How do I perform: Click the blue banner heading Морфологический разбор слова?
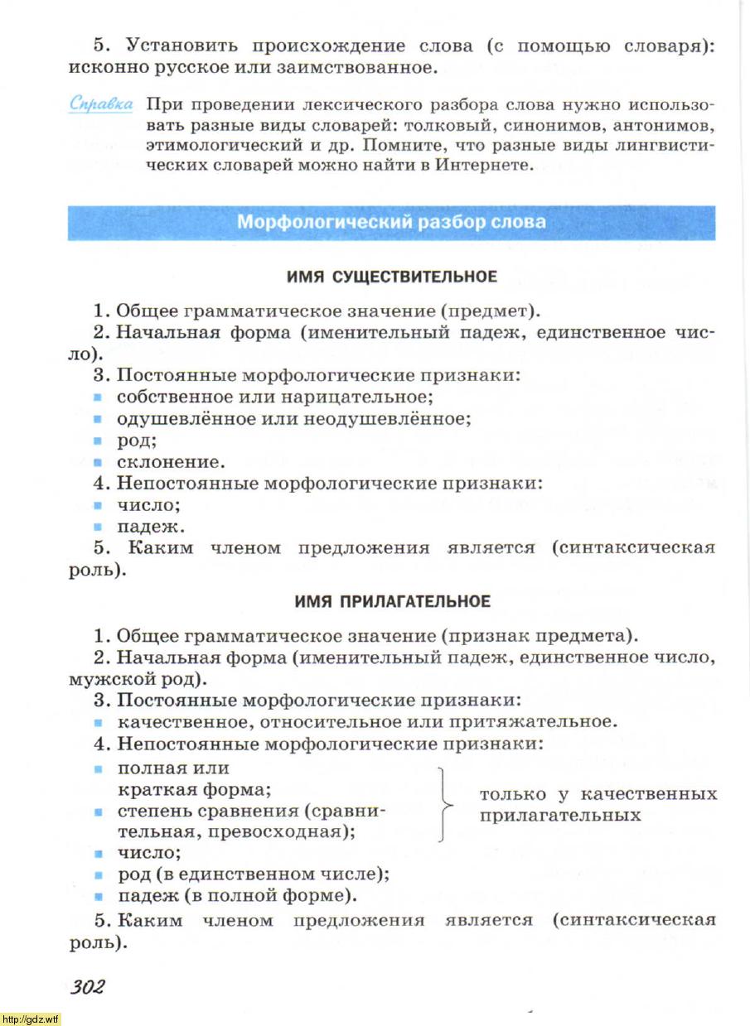pos(391,222)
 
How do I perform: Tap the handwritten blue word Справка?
pos(101,105)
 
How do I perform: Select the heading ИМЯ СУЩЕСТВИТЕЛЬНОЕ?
pos(391,277)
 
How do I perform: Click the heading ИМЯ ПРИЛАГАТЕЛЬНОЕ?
pos(392,602)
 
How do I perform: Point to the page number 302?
pos(87,987)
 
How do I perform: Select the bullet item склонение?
pos(170,462)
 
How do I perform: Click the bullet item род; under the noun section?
pos(137,441)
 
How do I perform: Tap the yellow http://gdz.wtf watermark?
pos(31,1018)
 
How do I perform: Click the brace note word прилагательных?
pos(560,816)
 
